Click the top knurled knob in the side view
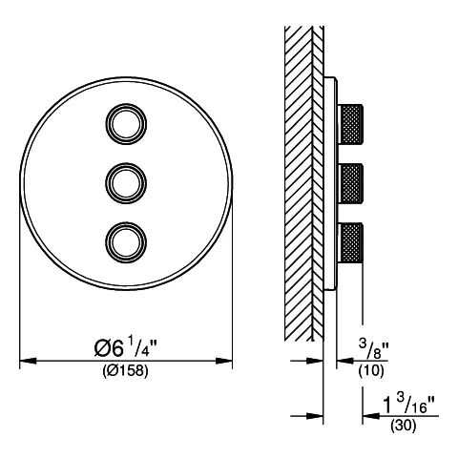tap(350, 124)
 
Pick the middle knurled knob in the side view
tap(350, 183)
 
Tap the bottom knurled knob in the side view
tap(350, 242)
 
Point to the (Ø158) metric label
tap(125, 370)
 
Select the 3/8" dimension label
tap(374, 348)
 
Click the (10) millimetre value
tap(371, 370)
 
